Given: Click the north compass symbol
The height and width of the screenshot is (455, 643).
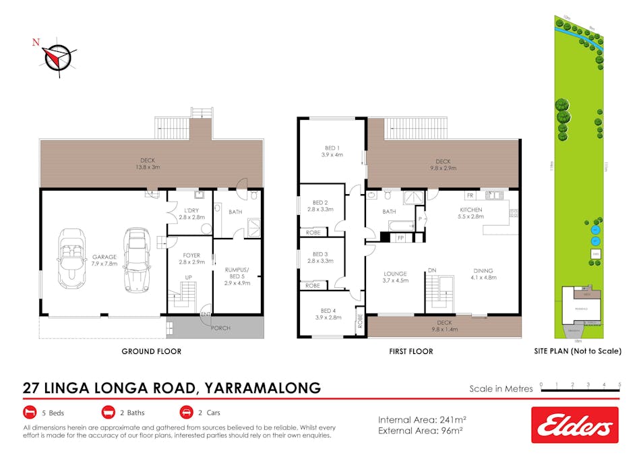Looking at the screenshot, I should click(57, 57).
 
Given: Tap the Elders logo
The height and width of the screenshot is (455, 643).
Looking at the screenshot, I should click(574, 425).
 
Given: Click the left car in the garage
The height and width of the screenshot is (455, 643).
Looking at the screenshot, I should click(71, 257).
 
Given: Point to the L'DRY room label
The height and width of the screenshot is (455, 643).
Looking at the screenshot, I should click(188, 212).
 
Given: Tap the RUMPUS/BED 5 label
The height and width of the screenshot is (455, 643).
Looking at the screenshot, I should click(237, 273).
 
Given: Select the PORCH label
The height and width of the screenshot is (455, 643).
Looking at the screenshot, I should click(220, 328).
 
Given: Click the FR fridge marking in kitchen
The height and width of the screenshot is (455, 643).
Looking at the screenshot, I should click(470, 195).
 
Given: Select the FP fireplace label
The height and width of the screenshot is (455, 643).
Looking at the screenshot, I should click(400, 238).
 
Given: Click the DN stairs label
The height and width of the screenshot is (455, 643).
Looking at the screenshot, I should click(431, 270).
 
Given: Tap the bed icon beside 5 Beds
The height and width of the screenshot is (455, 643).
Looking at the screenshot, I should click(30, 413).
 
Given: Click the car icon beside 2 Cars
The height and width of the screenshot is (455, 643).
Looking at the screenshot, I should click(186, 413).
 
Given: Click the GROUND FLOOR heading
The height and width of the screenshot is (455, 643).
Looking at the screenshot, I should click(150, 351).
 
